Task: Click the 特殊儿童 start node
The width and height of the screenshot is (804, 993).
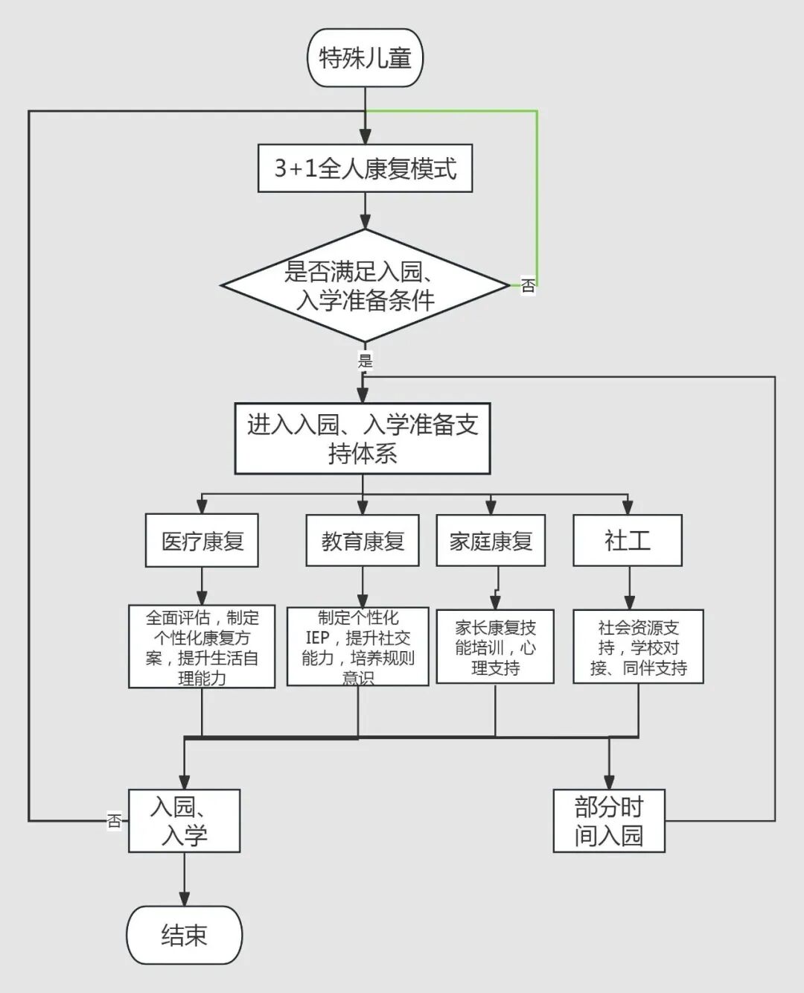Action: pos(365,58)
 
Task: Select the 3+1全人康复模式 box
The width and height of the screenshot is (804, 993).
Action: pos(365,168)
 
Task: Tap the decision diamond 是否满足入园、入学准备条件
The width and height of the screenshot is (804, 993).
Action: pos(365,286)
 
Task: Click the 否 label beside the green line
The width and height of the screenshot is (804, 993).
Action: pos(528,285)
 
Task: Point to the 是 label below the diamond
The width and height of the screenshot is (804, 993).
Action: pos(365,361)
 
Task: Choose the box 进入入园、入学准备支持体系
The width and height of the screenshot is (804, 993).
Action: pos(363,439)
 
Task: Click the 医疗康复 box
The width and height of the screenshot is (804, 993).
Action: pos(202,541)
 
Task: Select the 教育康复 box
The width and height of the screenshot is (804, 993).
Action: pos(363,541)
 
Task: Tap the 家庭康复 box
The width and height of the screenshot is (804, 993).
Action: pos(491,541)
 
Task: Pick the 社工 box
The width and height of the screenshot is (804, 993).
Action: pos(628,541)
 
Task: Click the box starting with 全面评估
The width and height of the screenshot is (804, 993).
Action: pos(202,647)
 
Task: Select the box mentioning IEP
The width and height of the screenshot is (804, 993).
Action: pos(358,647)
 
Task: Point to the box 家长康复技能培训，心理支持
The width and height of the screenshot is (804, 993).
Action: pos(495,647)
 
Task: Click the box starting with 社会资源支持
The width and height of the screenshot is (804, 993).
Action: pos(638,647)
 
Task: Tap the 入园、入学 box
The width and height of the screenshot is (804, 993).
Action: pos(184,821)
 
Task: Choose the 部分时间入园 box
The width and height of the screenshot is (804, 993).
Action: pos(609,821)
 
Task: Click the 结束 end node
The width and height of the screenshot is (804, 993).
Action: pos(184,935)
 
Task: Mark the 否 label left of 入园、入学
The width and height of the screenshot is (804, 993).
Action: pos(114,821)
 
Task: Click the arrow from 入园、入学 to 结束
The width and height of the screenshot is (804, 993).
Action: pos(184,879)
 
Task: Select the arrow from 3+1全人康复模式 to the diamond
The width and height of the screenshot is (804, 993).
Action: pos(365,210)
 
